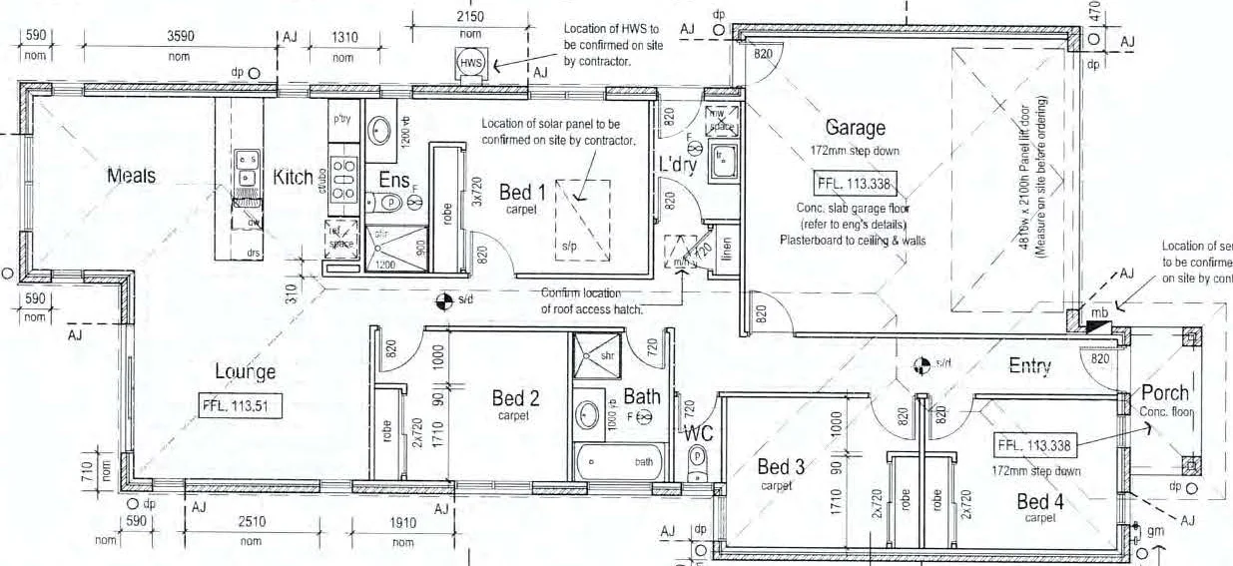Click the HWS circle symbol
(471, 63)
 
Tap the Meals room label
(132, 176)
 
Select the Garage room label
(855, 128)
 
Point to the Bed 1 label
(522, 192)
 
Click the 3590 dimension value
(179, 36)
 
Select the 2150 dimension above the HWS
(470, 18)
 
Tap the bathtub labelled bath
(618, 463)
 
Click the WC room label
(697, 434)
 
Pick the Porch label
(1165, 392)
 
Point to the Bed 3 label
(780, 466)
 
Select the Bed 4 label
(1041, 500)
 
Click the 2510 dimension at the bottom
(251, 522)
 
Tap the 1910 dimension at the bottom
(402, 522)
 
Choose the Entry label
(1029, 366)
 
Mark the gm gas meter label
(1156, 533)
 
